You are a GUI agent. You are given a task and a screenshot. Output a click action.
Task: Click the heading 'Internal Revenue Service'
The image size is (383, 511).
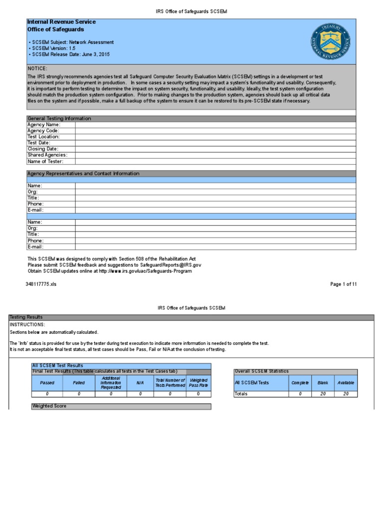[x=61, y=22]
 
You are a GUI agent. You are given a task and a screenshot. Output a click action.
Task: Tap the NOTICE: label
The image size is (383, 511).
[x=37, y=68]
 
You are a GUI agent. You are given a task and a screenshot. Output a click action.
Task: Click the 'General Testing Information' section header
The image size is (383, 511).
[x=59, y=119]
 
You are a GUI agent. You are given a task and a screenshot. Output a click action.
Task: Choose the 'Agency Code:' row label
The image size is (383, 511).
[x=43, y=131]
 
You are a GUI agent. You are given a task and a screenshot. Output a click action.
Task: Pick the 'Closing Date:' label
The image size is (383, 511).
[x=43, y=149]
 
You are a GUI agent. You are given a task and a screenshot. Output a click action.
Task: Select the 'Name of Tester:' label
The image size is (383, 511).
[x=45, y=161]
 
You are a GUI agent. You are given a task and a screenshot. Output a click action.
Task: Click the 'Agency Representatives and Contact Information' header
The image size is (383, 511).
[x=83, y=174]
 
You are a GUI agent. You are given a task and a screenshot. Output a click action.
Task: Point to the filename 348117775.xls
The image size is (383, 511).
[x=41, y=284]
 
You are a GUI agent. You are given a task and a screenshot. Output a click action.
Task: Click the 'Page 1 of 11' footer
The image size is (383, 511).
[x=344, y=284]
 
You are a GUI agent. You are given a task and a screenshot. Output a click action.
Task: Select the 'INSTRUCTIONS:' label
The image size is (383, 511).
[x=27, y=324]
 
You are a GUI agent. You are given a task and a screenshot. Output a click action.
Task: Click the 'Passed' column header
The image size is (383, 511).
[x=47, y=383]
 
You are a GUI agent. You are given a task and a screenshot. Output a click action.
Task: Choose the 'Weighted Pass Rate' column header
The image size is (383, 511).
[x=198, y=383]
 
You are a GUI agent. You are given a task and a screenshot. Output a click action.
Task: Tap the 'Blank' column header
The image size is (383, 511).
[x=323, y=383]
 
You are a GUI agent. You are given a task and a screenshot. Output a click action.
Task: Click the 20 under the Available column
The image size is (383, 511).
[x=346, y=394]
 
